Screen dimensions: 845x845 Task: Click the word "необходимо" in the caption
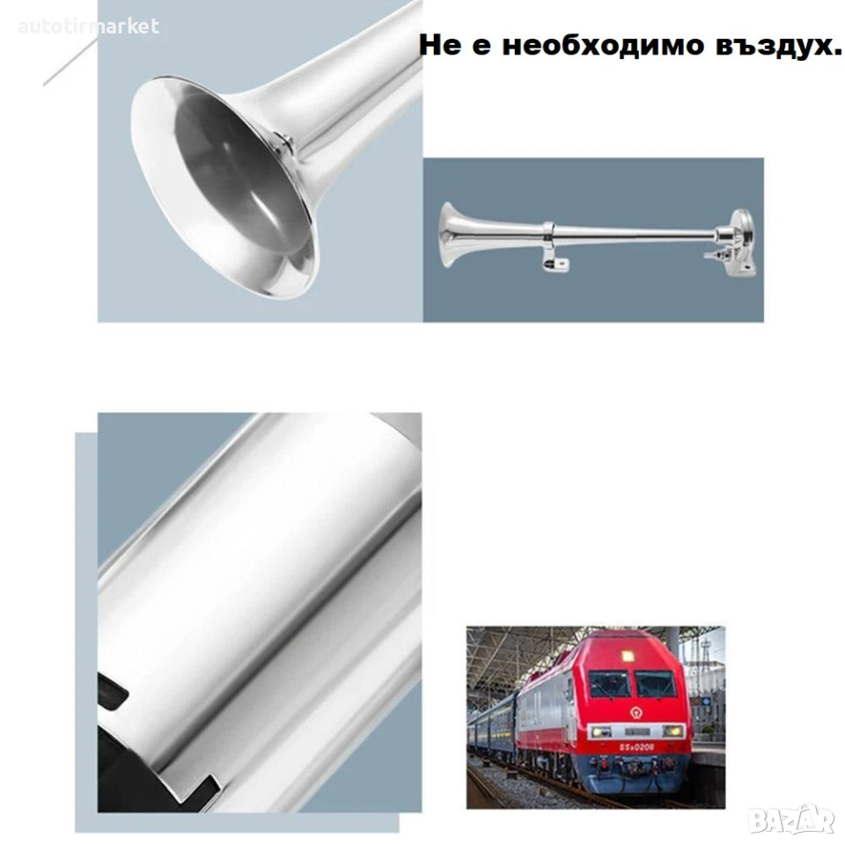click(x=603, y=45)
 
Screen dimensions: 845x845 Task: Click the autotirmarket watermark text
click(x=88, y=26)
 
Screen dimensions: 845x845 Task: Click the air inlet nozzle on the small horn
click(x=715, y=254)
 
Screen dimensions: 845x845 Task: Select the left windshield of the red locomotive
click(x=609, y=685)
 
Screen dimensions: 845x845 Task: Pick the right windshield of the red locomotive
click(x=654, y=685)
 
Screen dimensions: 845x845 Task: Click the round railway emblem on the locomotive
click(x=636, y=713)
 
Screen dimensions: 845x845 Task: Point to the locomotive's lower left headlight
click(x=601, y=731)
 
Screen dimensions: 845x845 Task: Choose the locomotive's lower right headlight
click(x=672, y=731)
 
